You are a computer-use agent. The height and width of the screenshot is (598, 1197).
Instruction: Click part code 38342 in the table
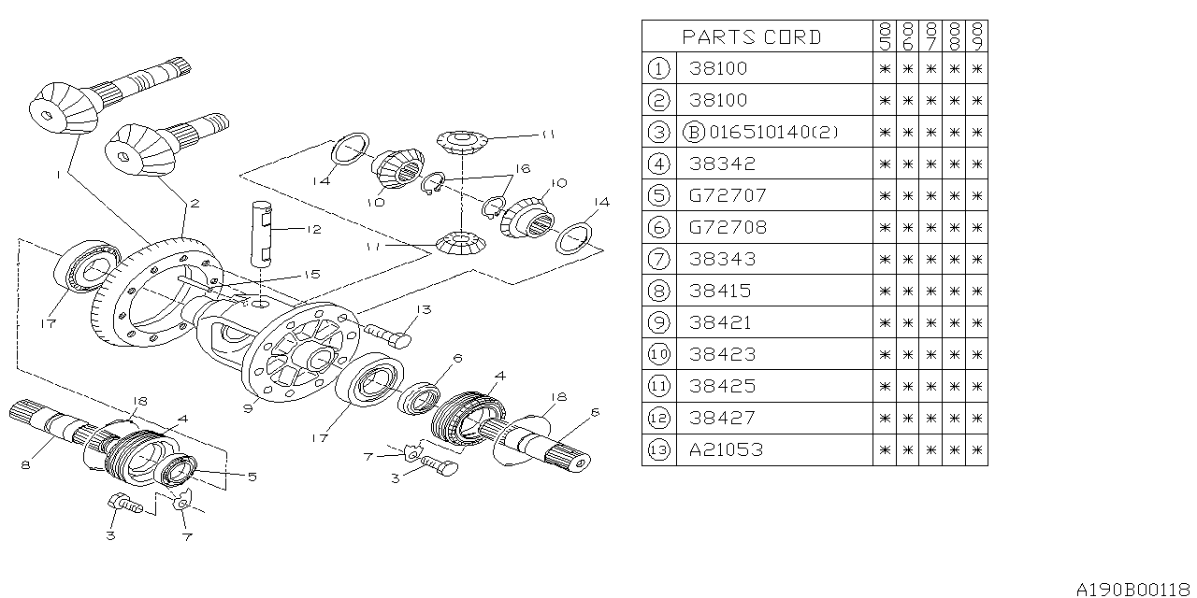tap(722, 164)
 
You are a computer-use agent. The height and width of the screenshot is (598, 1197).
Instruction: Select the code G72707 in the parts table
tap(728, 195)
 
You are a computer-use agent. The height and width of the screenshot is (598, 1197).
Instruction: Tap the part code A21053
tap(727, 449)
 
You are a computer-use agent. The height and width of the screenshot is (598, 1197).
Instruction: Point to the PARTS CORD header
tap(752, 37)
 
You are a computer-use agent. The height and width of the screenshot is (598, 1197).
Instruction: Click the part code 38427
tap(722, 418)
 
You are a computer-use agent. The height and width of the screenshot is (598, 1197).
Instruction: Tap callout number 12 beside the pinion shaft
tap(314, 228)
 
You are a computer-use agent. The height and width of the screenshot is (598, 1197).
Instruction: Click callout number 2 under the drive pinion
tap(195, 203)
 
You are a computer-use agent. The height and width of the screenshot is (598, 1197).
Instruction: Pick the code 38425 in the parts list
tap(722, 386)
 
